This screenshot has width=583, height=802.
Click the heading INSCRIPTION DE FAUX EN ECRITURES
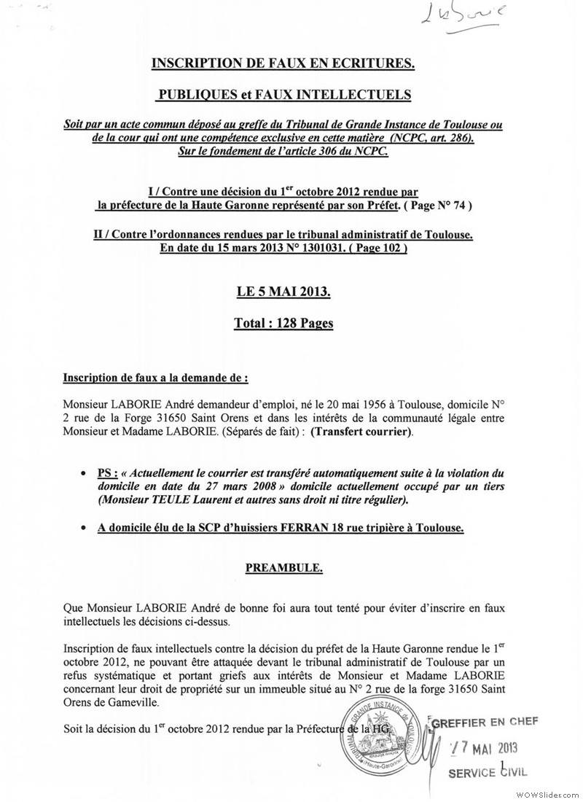[283, 65]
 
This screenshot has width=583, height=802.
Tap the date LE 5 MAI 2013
[283, 292]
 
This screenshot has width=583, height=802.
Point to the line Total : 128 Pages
[283, 323]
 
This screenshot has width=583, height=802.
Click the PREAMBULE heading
[283, 564]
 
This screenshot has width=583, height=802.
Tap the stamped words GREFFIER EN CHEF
[485, 723]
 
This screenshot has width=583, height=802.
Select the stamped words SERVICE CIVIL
[487, 772]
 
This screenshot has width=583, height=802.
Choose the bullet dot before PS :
[85, 473]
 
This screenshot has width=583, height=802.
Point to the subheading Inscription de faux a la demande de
[155, 379]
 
